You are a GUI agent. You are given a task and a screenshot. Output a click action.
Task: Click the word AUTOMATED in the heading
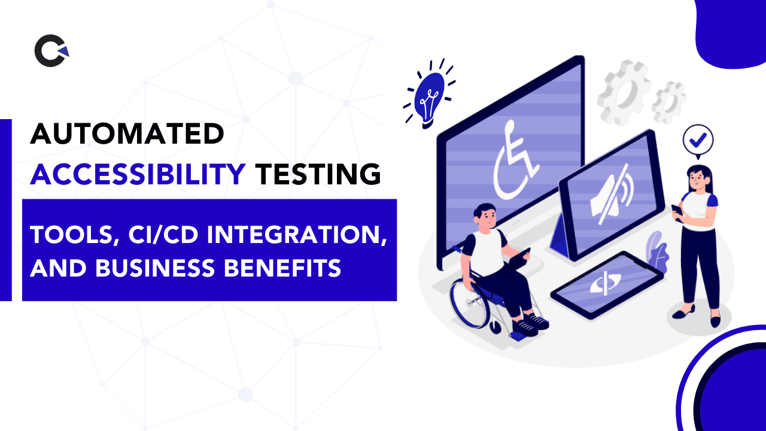[x=127, y=133]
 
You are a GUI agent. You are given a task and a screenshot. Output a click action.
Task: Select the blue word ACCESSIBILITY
[x=138, y=174]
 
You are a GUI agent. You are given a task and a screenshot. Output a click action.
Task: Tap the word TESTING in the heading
[x=318, y=174]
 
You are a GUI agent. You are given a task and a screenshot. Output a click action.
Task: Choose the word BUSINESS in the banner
[x=155, y=268]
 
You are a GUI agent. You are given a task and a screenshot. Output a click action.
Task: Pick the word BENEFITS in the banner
[x=282, y=268]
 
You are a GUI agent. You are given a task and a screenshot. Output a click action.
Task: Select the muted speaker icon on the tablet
[x=612, y=195]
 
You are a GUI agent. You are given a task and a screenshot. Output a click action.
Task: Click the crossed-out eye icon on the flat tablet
[x=604, y=284]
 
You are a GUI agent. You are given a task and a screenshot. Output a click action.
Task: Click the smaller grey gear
[x=668, y=102]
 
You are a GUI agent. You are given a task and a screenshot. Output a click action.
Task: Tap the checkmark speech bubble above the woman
[x=698, y=140]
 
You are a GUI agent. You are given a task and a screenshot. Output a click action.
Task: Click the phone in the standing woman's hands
[x=677, y=211]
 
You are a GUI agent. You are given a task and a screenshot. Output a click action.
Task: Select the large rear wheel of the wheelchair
[x=468, y=303]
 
